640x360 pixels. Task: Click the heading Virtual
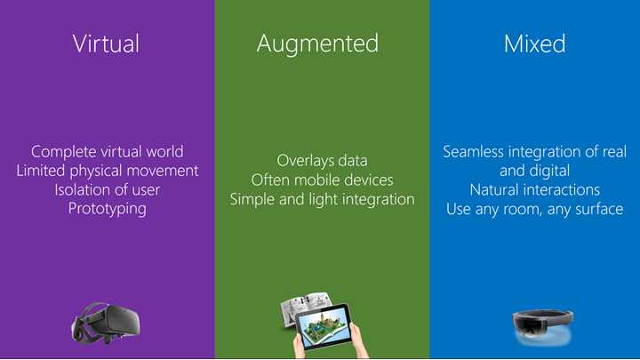107,44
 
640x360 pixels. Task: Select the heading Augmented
317,44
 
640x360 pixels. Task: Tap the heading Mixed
534,44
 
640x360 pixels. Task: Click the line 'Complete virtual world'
107,152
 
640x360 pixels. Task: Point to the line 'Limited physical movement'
107,171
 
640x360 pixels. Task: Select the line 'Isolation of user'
107,189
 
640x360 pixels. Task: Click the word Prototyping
107,209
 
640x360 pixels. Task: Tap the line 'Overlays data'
322,161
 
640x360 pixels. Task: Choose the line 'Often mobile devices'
322,180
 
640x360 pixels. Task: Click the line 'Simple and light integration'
322,199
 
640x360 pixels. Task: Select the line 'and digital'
534,171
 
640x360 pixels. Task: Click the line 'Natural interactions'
534,189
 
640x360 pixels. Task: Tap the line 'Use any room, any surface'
534,209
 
